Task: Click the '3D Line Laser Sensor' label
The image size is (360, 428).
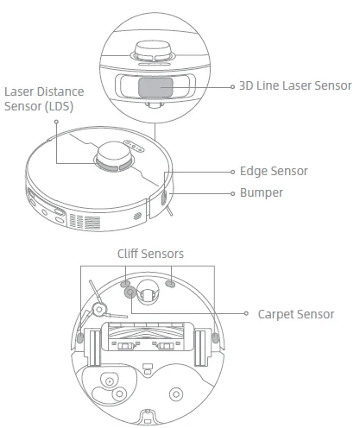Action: pos(296,85)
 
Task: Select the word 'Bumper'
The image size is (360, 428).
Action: pos(261,192)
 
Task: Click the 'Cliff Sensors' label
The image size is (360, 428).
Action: pos(150,254)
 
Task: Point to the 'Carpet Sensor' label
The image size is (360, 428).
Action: pos(295,314)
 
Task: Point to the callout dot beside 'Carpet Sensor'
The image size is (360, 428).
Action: pos(246,314)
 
